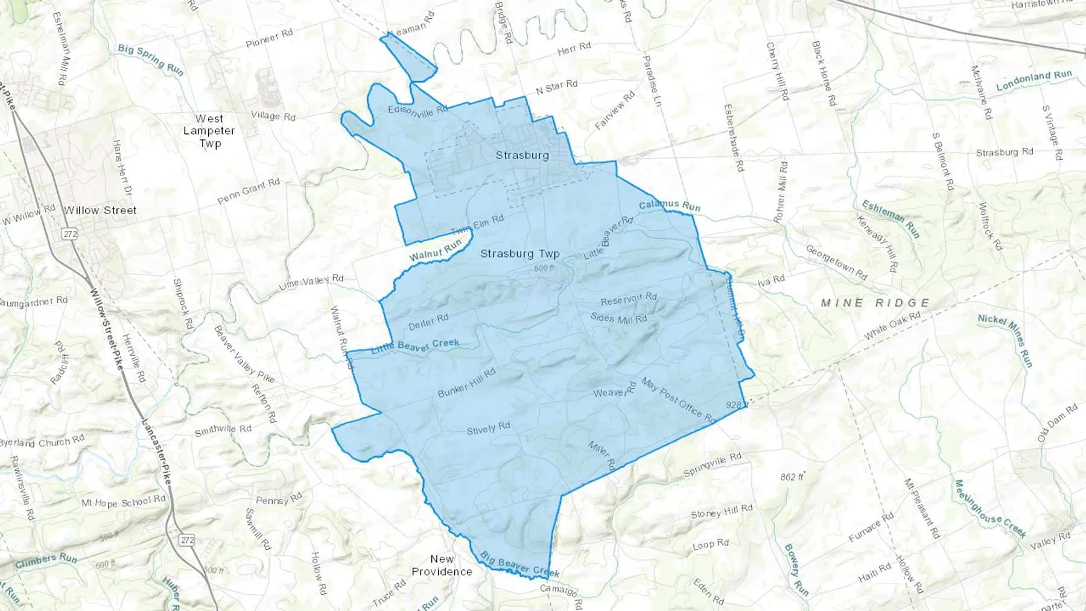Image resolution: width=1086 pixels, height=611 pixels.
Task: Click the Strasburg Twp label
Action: [519, 254]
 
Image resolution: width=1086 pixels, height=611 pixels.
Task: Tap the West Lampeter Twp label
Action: [209, 131]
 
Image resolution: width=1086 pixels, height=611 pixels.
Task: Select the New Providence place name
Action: [442, 565]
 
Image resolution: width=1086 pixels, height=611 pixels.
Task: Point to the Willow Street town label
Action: [100, 211]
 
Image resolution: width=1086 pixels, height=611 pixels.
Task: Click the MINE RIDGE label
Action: [875, 303]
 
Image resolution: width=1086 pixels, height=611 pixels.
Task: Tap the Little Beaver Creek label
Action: [415, 346]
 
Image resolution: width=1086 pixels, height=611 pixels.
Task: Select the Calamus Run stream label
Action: [670, 206]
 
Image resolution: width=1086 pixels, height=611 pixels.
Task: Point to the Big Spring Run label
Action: [151, 60]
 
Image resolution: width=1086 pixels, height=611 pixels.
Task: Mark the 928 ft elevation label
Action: [737, 405]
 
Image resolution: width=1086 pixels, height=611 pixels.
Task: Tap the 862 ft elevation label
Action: [792, 476]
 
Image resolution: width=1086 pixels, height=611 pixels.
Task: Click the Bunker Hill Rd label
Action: [466, 383]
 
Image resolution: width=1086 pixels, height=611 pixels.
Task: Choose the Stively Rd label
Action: [488, 429]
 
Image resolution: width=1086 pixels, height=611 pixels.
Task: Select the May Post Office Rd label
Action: [678, 400]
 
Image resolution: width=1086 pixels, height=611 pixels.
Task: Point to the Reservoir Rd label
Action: [629, 299]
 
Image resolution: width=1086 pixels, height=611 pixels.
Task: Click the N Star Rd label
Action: [556, 87]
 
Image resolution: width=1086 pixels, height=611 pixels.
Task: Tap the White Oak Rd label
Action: [892, 326]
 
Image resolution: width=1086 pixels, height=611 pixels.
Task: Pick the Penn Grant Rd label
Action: [248, 191]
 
